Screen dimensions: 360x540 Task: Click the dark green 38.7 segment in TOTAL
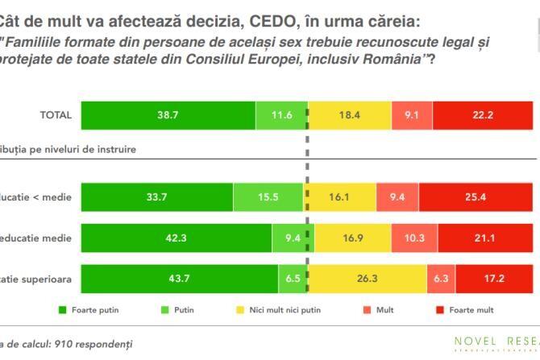point(168,115)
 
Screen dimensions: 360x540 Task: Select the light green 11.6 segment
point(281,115)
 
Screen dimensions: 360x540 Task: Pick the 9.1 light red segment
point(412,115)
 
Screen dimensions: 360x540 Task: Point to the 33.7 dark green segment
point(157,196)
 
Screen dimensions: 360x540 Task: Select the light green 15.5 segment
point(268,196)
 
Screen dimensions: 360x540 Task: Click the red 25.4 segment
point(479,196)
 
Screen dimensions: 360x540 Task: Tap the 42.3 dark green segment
point(177,238)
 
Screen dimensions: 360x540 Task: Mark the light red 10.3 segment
point(413,238)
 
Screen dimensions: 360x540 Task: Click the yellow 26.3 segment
point(368,279)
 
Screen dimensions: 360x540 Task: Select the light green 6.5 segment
point(293,279)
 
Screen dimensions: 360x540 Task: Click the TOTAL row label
point(56,115)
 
